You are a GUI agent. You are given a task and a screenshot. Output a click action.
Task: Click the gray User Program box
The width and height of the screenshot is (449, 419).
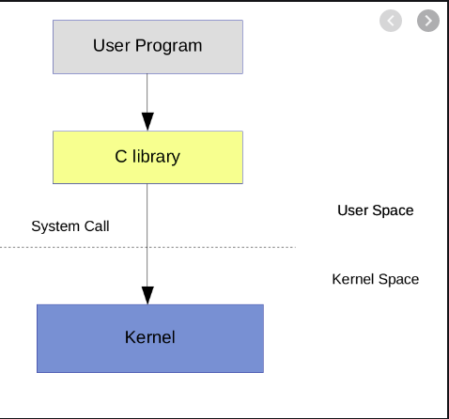coord(147,45)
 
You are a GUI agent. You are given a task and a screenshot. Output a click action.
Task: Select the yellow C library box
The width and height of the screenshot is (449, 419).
coord(147,157)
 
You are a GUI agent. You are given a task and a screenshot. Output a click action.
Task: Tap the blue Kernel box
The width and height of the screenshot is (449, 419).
coord(150,337)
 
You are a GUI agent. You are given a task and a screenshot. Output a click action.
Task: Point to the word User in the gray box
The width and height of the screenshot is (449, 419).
coord(111,45)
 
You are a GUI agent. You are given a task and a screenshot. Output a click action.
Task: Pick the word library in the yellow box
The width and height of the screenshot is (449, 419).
coord(155,157)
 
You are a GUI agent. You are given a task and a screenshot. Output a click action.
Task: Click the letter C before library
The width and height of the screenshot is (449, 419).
coord(120,157)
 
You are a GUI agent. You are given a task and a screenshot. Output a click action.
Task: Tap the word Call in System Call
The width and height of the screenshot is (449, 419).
coord(97,226)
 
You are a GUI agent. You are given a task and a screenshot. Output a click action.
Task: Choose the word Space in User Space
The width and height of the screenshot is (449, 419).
coord(394,210)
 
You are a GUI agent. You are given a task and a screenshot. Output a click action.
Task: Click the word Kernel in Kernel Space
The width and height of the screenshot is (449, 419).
coord(353,279)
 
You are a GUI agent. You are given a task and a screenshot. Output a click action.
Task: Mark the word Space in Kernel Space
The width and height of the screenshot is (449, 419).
coord(398,279)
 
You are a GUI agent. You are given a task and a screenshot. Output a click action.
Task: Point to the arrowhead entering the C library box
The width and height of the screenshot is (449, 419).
coord(147,121)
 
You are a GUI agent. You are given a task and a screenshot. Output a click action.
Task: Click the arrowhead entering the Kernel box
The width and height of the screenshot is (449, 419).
coord(147,293)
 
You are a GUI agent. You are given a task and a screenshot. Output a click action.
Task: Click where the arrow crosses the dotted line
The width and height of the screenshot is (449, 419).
coord(147,247)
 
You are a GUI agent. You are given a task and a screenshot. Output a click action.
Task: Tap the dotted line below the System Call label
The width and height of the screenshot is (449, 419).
coord(70,247)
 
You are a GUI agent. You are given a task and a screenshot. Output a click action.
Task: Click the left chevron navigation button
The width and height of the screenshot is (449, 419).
coord(391,20)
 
